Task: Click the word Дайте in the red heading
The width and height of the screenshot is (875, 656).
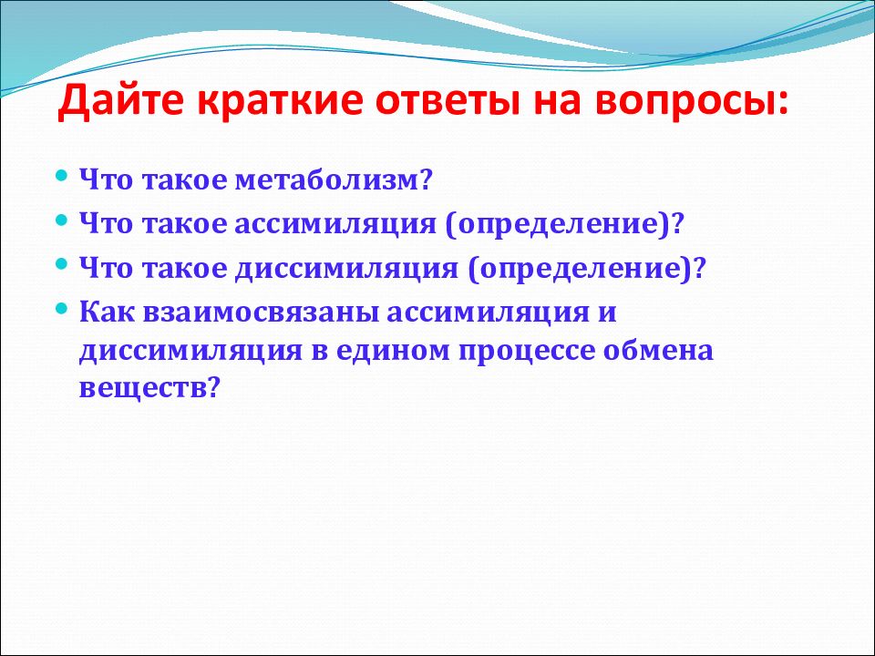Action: click(x=119, y=101)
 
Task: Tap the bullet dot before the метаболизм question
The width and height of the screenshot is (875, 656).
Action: click(x=62, y=176)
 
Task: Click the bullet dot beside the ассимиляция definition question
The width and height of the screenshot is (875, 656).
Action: click(x=62, y=220)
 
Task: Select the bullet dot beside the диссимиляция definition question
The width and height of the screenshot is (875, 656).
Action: click(x=62, y=263)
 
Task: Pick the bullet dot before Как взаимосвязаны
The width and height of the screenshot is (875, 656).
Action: click(x=62, y=307)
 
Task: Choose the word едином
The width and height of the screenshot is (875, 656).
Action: click(x=393, y=350)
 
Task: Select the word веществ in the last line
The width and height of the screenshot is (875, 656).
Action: click(x=142, y=388)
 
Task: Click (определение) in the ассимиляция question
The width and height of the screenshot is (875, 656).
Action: click(x=558, y=225)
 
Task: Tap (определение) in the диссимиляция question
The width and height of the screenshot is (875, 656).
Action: click(x=580, y=269)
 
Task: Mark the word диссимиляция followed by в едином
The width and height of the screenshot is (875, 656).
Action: click(x=190, y=352)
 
